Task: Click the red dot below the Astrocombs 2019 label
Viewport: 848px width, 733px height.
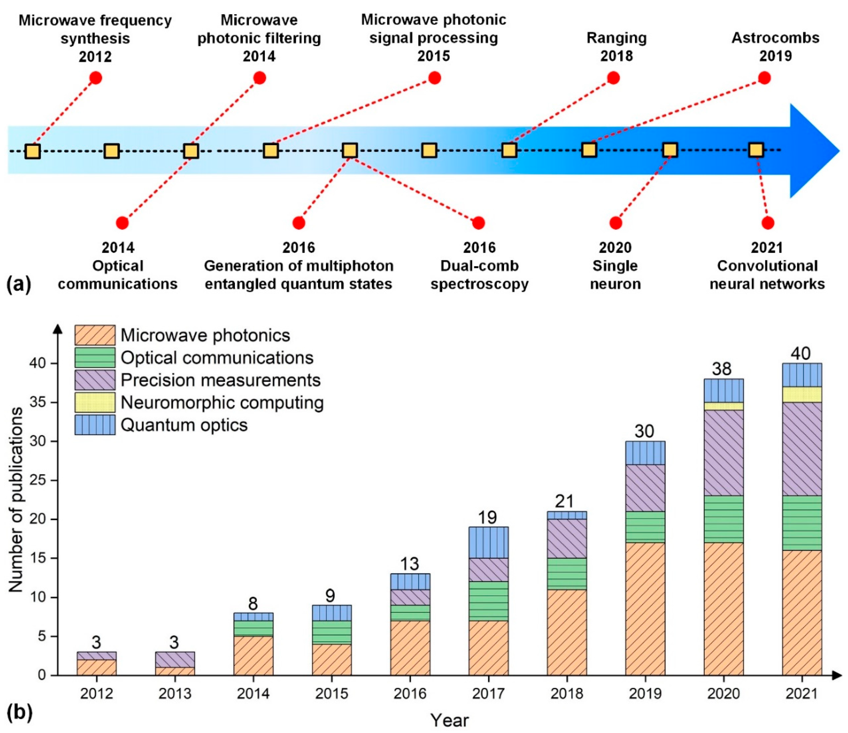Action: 764,78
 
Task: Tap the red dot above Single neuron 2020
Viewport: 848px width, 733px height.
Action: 616,223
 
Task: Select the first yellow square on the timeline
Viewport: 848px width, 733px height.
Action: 32,151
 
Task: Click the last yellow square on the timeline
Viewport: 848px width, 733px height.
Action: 756,150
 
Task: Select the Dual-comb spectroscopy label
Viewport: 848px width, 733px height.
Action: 479,275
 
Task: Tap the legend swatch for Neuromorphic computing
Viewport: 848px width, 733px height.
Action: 95,402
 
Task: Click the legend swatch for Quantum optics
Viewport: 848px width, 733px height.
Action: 95,425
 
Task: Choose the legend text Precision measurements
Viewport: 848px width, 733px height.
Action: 220,380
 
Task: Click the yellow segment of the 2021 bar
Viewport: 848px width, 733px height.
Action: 802,395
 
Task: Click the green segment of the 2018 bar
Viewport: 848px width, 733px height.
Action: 567,574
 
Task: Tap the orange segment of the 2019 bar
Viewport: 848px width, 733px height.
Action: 645,608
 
